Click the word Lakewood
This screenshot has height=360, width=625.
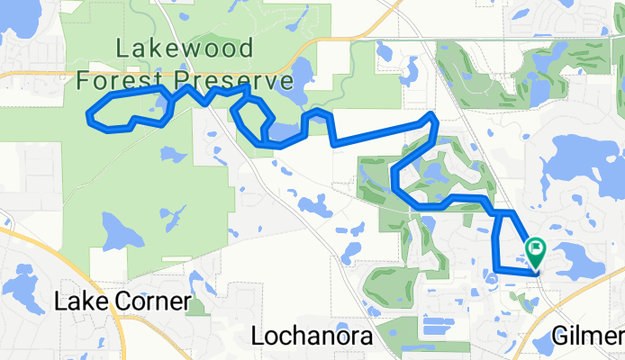[185, 49]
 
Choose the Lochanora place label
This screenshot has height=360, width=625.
[312, 337]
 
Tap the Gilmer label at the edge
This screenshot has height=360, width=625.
[589, 337]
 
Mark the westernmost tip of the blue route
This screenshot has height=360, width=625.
[89, 114]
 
